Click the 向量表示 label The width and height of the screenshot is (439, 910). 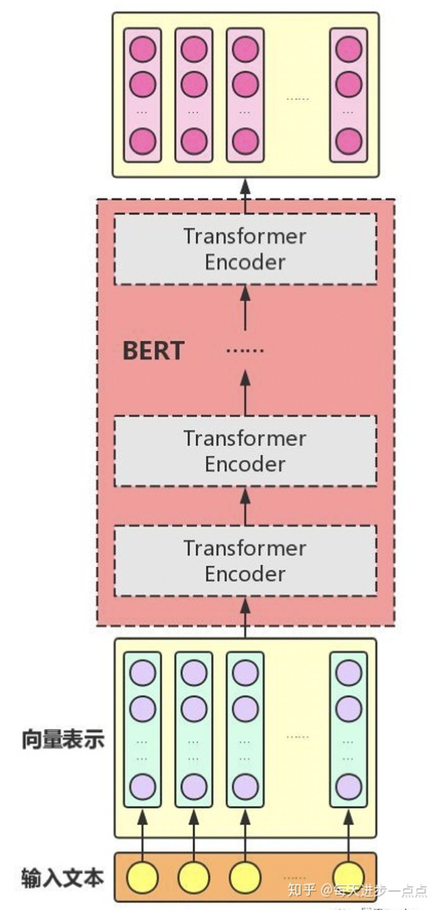tap(63, 739)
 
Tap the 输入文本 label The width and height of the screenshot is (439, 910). tap(63, 878)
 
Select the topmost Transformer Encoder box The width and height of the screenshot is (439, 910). tap(245, 249)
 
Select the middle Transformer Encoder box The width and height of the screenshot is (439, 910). tap(245, 451)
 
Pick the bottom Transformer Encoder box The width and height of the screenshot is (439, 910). tap(245, 561)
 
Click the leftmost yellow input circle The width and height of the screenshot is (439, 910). tap(142, 878)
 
